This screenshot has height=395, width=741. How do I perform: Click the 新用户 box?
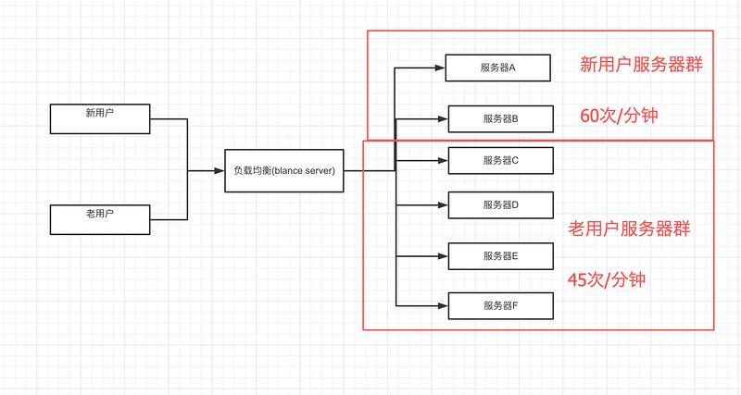tap(100, 118)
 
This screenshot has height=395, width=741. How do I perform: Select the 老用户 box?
tap(100, 219)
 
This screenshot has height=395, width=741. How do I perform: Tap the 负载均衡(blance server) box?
tap(283, 171)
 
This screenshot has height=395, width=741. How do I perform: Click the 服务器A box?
tap(498, 68)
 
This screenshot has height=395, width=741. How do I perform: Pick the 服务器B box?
tap(500, 118)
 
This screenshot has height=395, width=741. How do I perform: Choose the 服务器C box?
tap(500, 160)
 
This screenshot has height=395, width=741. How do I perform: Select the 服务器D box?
tap(500, 204)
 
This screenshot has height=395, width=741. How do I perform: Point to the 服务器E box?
tap(500, 255)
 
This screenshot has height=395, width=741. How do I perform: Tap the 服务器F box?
tap(500, 304)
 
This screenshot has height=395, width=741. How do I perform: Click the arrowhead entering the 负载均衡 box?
tap(220, 171)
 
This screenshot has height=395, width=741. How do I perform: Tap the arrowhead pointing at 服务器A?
tap(440, 68)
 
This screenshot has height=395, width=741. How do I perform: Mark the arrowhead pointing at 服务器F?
tap(443, 304)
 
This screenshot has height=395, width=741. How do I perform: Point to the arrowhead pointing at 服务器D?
tap(443, 204)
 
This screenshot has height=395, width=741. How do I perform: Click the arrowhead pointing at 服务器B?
tap(443, 118)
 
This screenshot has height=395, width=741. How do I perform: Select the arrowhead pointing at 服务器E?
tap(443, 255)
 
